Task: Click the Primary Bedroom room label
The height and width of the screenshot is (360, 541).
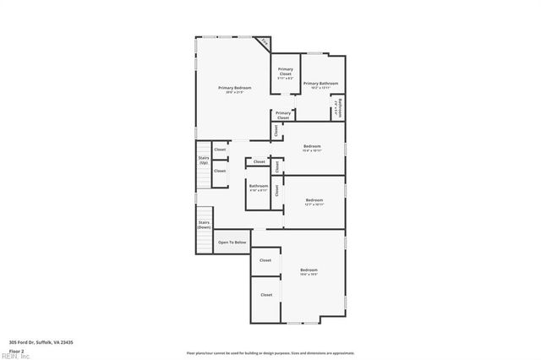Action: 235,88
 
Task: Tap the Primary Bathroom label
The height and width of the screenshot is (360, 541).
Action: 321,83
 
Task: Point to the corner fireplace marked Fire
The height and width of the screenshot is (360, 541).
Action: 265,41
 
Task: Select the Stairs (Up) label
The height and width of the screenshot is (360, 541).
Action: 204,160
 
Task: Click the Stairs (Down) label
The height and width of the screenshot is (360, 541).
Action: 204,225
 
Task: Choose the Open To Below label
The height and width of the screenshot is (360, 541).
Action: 232,243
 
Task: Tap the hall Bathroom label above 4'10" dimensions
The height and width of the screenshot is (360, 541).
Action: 259,186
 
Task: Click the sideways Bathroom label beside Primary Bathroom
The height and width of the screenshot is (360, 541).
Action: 337,108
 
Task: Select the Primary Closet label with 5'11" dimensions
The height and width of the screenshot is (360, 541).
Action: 286,71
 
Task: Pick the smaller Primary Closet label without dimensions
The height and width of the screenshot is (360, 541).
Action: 283,115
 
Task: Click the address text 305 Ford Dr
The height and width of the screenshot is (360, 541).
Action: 41,341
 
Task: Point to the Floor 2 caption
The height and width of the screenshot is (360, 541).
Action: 17,350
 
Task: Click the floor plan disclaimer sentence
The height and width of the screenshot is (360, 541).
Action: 270,353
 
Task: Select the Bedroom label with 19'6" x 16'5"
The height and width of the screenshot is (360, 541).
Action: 309,270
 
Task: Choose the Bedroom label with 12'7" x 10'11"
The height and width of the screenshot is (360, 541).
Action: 314,199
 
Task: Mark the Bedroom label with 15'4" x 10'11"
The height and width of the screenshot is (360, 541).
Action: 312,146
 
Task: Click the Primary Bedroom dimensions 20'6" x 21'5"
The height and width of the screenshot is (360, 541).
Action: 235,92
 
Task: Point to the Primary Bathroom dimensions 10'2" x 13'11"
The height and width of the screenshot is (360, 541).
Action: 321,87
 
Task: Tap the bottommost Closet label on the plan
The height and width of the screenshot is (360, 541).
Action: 266,295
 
